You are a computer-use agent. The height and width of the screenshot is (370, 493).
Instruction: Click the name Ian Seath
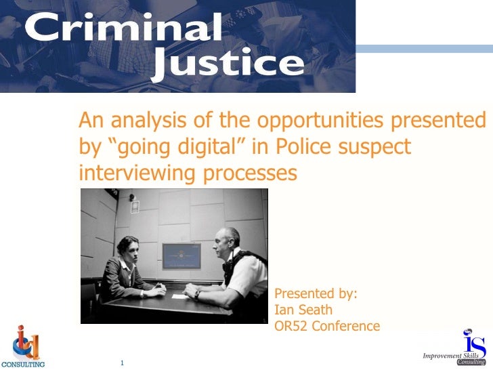(x=303, y=310)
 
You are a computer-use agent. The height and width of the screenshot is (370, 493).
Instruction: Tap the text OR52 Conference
(x=327, y=327)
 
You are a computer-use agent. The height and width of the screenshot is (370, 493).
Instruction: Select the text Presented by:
(x=316, y=294)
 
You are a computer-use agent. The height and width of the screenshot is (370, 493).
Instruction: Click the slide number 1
(x=123, y=362)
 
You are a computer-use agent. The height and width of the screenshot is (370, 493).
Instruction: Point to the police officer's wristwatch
(x=196, y=294)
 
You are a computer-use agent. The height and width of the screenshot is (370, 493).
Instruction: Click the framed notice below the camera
(x=135, y=207)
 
